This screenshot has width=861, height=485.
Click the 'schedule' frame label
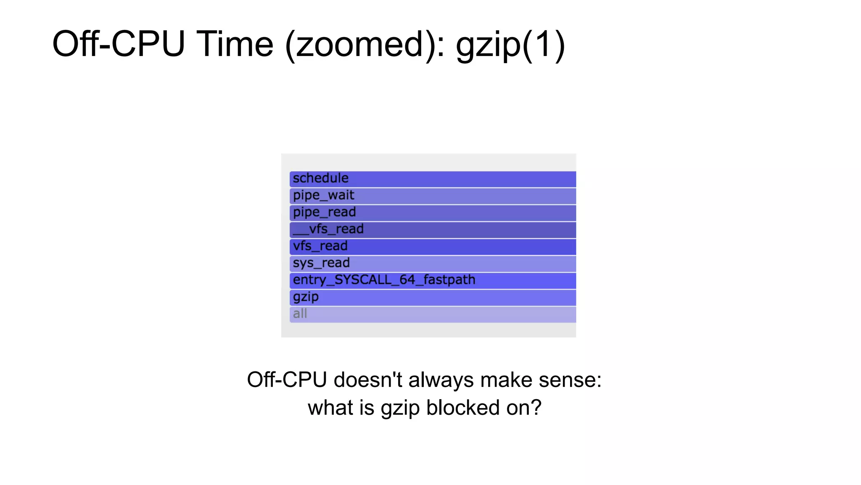coord(320,178)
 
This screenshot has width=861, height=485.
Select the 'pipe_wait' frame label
coord(323,196)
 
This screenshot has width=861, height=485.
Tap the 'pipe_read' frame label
coord(324,212)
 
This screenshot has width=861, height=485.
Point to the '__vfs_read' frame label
coord(328,229)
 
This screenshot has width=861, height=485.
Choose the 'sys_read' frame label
coord(321,263)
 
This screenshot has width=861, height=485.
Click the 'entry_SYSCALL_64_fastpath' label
coord(384,280)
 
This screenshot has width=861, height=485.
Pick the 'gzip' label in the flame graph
coord(306,297)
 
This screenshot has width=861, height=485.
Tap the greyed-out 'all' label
coord(300,314)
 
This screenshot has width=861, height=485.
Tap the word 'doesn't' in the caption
coord(368,380)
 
